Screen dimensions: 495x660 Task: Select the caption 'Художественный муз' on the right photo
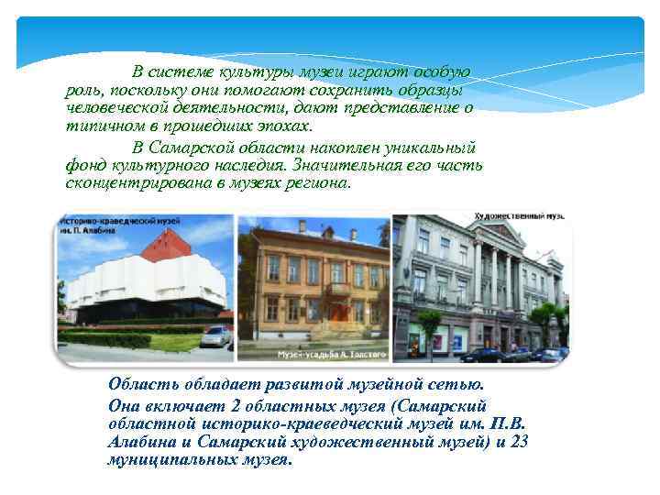[x=518, y=216]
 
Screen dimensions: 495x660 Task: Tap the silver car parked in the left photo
[x=215, y=335]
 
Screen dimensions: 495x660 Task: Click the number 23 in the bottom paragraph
[x=520, y=442]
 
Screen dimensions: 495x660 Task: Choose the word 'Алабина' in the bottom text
[x=137, y=442]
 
